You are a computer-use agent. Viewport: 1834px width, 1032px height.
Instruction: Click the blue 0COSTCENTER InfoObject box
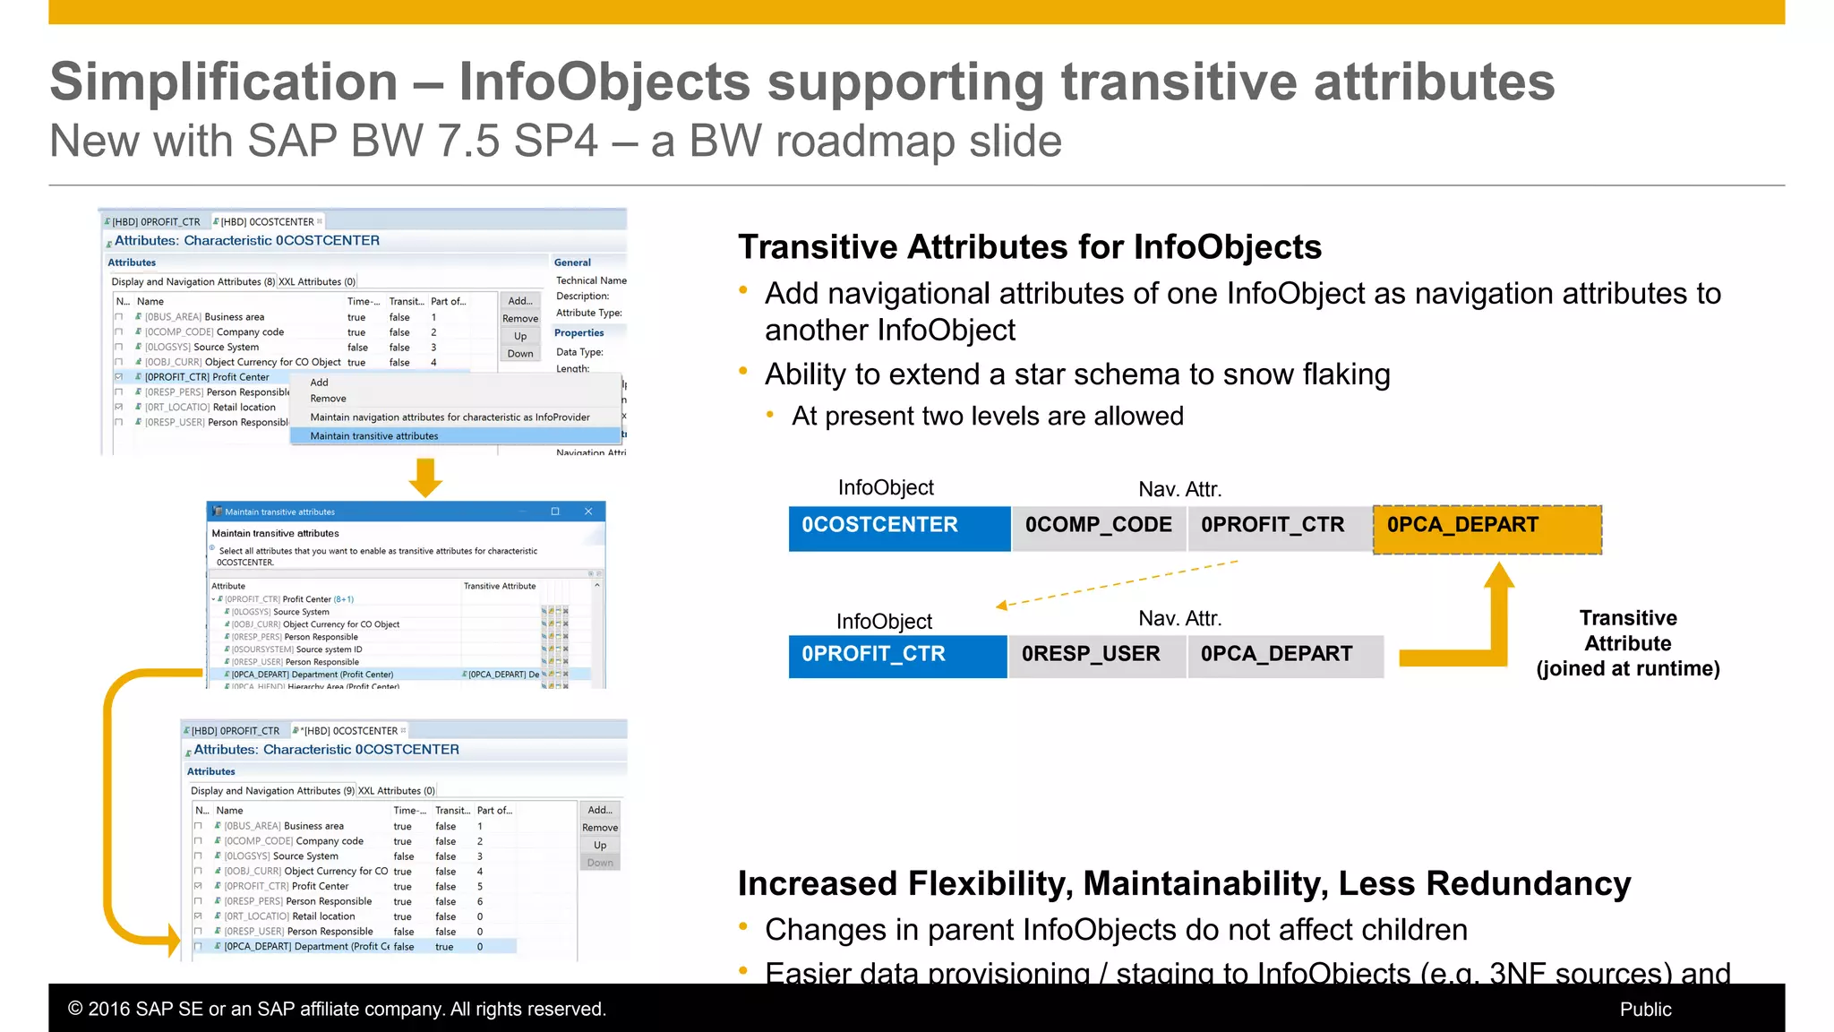[x=899, y=528]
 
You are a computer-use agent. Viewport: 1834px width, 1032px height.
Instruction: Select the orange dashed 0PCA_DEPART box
[x=1487, y=529]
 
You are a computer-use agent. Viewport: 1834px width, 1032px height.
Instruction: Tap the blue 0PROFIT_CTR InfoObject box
[x=897, y=656]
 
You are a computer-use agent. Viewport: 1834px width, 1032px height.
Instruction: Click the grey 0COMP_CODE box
[x=1099, y=528]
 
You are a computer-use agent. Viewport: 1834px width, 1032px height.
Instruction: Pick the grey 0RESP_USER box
[x=1096, y=656]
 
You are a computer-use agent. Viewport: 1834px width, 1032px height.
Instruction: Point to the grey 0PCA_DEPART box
[x=1284, y=656]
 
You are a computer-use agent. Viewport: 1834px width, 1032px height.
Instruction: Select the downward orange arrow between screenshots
[x=425, y=477]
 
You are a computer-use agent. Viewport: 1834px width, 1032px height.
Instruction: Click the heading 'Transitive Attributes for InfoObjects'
[x=1029, y=247]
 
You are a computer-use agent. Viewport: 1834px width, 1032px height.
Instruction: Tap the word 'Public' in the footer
[x=1645, y=1010]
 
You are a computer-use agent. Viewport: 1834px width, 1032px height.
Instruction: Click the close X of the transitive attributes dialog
[x=588, y=512]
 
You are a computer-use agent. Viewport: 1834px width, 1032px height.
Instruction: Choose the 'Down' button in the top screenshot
[x=520, y=354]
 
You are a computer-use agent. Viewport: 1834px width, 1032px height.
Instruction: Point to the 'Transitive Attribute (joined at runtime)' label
[x=1627, y=643]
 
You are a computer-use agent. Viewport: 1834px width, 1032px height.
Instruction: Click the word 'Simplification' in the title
[x=223, y=82]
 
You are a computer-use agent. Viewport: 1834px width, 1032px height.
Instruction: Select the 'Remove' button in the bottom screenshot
[x=600, y=828]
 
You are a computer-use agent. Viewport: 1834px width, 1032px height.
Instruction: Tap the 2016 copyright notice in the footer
[x=337, y=1010]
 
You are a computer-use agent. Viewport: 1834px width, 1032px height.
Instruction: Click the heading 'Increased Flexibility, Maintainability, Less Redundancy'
[x=1184, y=884]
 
